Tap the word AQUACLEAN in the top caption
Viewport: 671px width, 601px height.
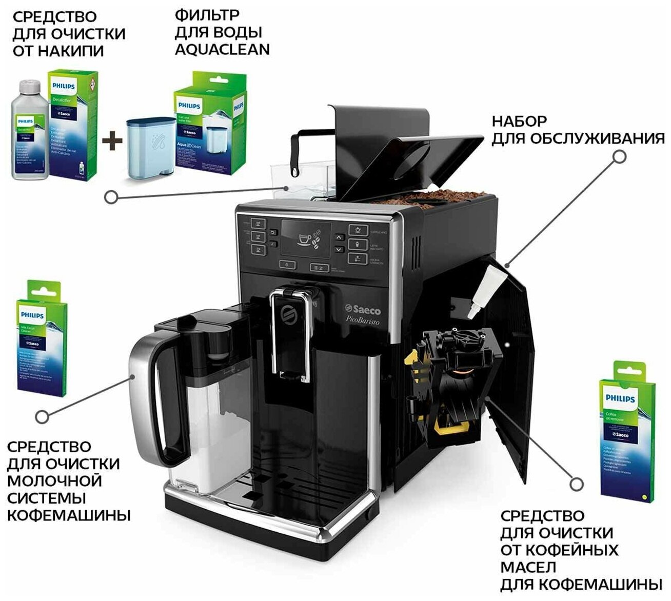point(222,49)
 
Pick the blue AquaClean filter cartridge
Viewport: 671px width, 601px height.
point(151,149)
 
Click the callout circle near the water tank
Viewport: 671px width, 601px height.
point(110,196)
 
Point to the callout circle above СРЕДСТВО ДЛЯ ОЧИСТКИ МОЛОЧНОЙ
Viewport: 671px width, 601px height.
point(43,416)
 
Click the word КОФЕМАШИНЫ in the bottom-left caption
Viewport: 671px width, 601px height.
point(68,515)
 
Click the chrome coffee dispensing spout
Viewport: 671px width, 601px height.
point(290,333)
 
